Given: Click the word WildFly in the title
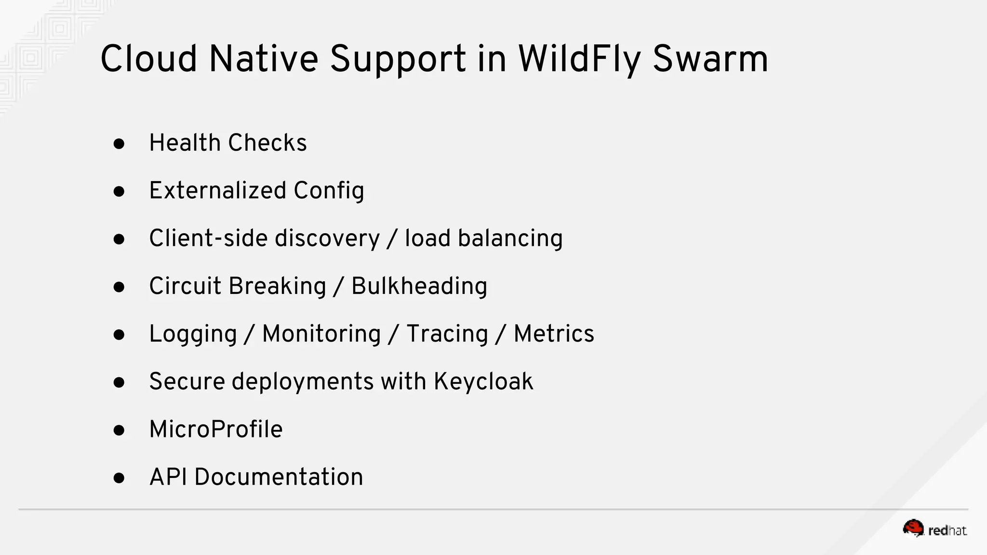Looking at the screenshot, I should click(579, 59).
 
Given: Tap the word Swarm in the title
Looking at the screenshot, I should click(710, 59).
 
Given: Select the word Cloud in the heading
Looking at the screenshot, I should click(148, 59).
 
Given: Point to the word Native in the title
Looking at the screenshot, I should click(264, 59).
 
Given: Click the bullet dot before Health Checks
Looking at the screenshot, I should click(119, 144).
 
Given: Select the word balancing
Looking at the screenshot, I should click(510, 238).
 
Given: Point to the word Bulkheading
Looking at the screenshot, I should click(419, 286).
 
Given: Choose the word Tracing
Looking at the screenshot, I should click(447, 334).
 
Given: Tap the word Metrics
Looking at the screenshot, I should click(554, 334).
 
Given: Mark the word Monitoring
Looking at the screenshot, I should click(321, 334).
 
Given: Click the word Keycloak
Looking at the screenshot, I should click(483, 382).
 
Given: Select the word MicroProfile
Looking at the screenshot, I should click(216, 429).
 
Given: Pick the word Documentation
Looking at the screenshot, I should click(279, 477).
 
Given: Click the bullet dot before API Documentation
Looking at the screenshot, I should click(119, 478).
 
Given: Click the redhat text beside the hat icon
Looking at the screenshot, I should click(947, 530).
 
